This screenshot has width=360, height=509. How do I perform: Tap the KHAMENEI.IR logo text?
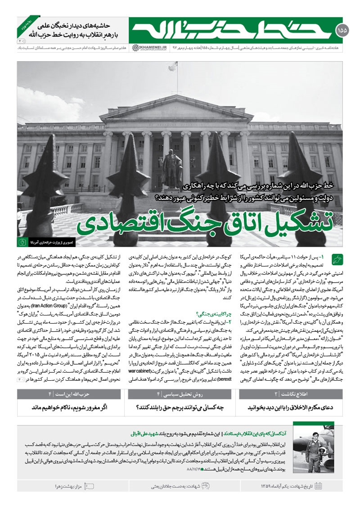148,47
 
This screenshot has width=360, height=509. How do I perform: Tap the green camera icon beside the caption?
22,242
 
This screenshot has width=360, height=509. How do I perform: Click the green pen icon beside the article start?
337,259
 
